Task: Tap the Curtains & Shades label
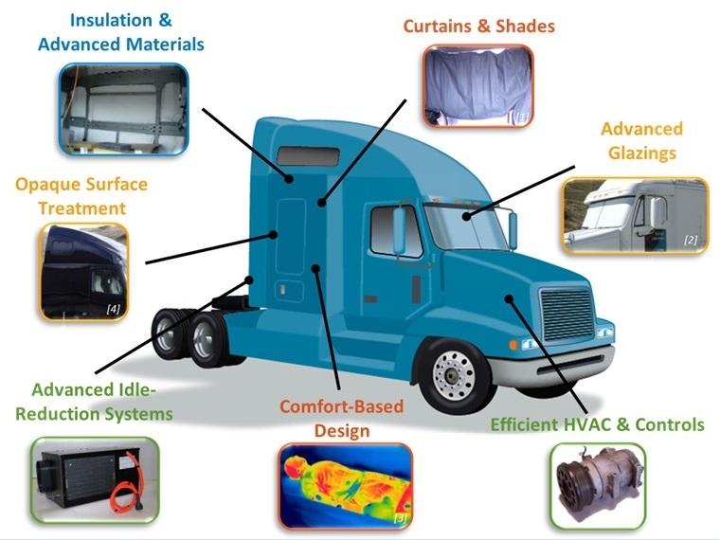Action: click(478, 27)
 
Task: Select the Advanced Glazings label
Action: click(641, 140)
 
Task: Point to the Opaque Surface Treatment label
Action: click(70, 194)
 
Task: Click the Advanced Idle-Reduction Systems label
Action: click(102, 402)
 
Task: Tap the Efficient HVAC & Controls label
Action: click(597, 424)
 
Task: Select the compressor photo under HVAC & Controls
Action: click(597, 486)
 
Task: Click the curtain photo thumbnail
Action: click(477, 86)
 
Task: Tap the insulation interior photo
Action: click(123, 108)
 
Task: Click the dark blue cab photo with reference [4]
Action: click(82, 271)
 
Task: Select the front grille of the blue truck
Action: click(567, 313)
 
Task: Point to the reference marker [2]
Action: click(691, 241)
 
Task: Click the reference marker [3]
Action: click(400, 517)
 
